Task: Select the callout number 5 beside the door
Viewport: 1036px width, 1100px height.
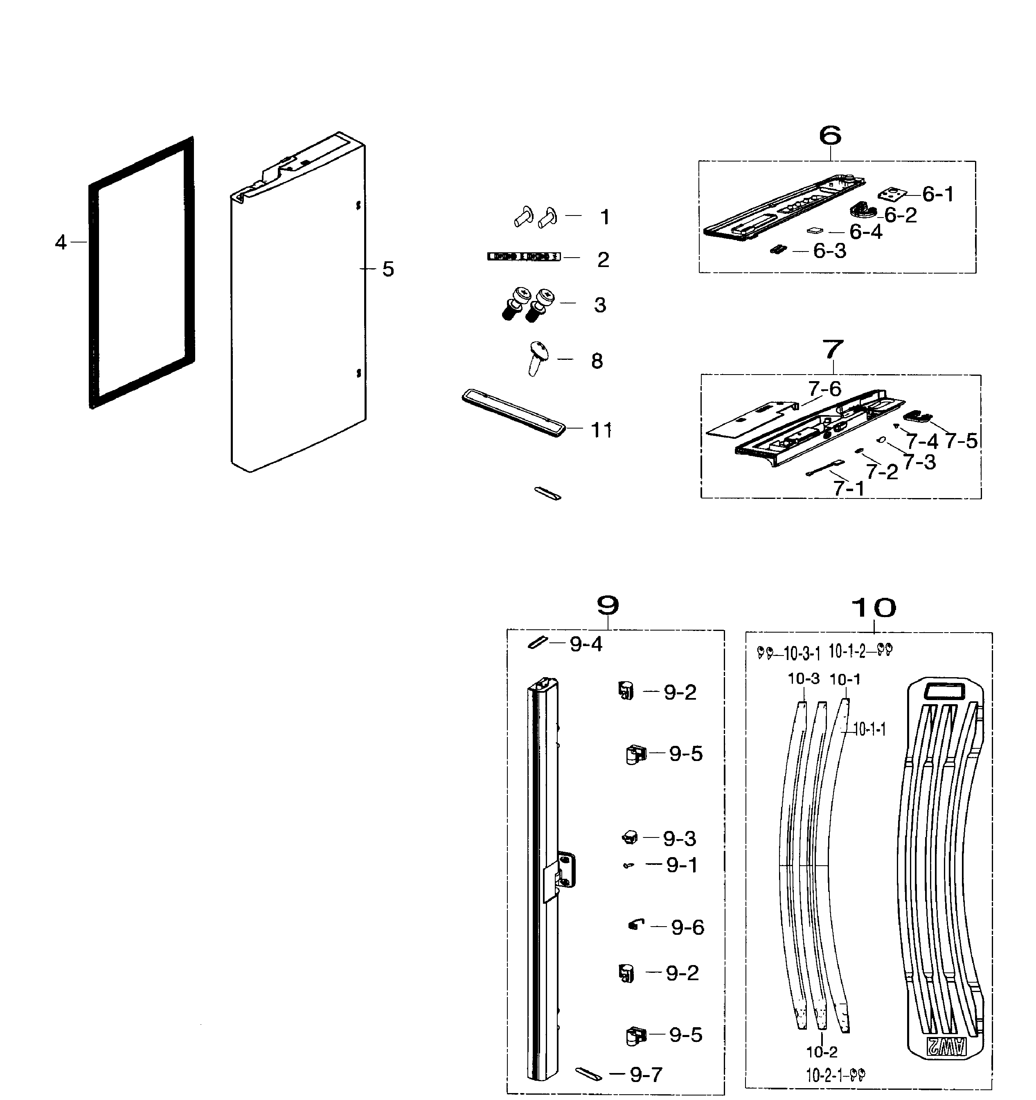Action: pos(388,269)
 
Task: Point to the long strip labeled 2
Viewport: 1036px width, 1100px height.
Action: pos(523,257)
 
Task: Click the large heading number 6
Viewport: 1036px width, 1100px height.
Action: pos(830,136)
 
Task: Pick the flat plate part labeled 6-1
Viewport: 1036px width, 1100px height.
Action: pos(892,194)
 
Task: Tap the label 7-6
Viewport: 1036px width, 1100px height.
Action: pos(824,389)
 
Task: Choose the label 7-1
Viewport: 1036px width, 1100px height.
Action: pos(849,489)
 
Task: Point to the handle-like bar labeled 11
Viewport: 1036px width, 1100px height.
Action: pos(513,412)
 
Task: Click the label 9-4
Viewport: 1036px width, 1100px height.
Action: pos(586,644)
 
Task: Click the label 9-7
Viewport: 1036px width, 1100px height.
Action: pos(646,1075)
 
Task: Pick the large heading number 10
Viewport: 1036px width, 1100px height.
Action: pos(873,608)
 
